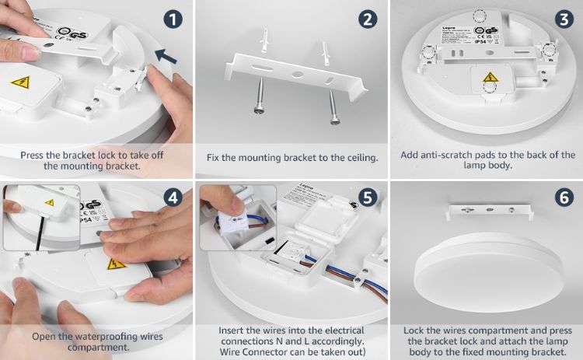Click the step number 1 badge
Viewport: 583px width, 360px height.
coord(173,19)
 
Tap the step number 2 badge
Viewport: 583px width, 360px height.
coord(368,19)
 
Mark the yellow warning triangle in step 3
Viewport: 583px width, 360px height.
coord(490,77)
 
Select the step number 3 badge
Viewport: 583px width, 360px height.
coord(562,19)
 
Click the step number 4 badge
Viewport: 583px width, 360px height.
coord(173,197)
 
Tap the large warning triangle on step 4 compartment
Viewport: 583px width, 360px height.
coord(117,264)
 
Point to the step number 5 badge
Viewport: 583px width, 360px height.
coord(368,197)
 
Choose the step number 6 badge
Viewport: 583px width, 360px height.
coord(562,197)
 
